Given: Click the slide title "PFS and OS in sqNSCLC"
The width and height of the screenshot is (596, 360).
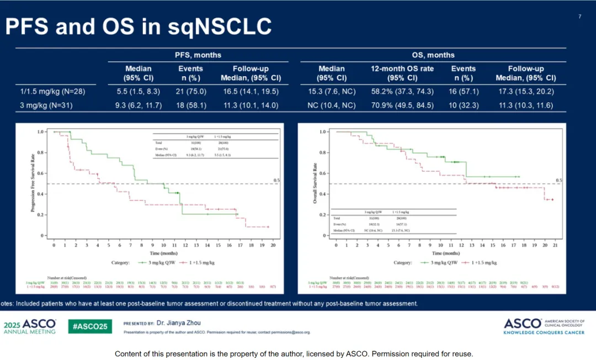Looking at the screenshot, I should (x=138, y=27).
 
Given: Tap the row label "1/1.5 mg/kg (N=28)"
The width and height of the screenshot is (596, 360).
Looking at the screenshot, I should (x=50, y=91).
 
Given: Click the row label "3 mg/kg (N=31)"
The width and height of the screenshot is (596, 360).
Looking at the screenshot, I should (x=46, y=105).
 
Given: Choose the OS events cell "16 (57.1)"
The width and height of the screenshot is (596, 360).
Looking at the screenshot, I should (x=464, y=91).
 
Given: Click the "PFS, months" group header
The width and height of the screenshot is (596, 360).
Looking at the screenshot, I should (x=198, y=55).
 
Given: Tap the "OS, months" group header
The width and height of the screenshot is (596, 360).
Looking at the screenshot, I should (x=433, y=55).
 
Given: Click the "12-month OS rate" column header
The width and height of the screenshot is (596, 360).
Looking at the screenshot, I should (x=402, y=69).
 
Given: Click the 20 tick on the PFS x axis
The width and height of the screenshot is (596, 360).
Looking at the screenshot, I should (x=273, y=243).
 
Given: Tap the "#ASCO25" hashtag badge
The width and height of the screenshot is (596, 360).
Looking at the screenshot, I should (x=90, y=326).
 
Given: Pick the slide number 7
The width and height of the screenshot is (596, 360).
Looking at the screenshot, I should (x=579, y=17).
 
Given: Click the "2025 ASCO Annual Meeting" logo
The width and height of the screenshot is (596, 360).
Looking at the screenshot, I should (x=30, y=326).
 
